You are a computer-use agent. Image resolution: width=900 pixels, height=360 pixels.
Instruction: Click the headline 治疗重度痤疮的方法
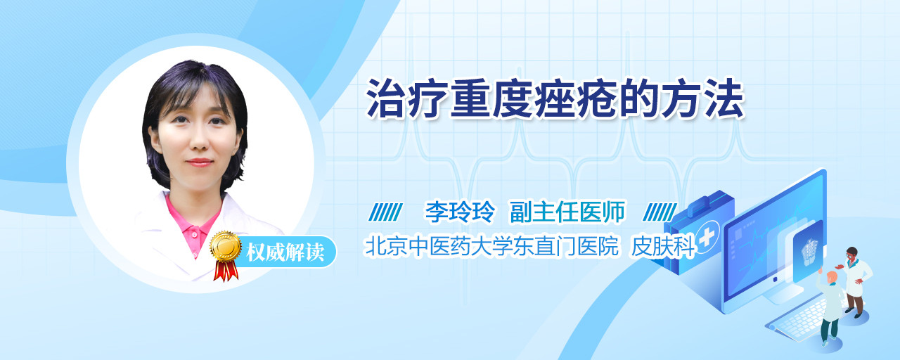pos(555,99)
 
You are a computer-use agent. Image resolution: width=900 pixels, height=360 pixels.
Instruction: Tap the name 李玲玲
pos(460,212)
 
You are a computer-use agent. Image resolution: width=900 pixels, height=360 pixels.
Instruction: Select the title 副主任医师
pos(567,212)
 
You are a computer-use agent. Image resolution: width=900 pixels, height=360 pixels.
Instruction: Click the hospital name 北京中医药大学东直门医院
pos(491,246)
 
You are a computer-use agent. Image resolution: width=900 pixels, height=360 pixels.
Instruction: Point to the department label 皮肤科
pos(662,246)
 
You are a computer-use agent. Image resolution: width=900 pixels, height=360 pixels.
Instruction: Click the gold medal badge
pos(226,245)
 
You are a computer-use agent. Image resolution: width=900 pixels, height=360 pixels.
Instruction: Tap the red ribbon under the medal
pos(226,271)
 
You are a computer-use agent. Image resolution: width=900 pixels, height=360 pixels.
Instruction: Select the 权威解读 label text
pos(285,252)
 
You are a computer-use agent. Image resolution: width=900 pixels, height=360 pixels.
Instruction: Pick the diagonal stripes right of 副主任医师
pos(660,212)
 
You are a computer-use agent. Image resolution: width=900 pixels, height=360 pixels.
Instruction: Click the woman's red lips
pos(199,162)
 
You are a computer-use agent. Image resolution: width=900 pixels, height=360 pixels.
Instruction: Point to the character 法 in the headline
pos(724,99)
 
